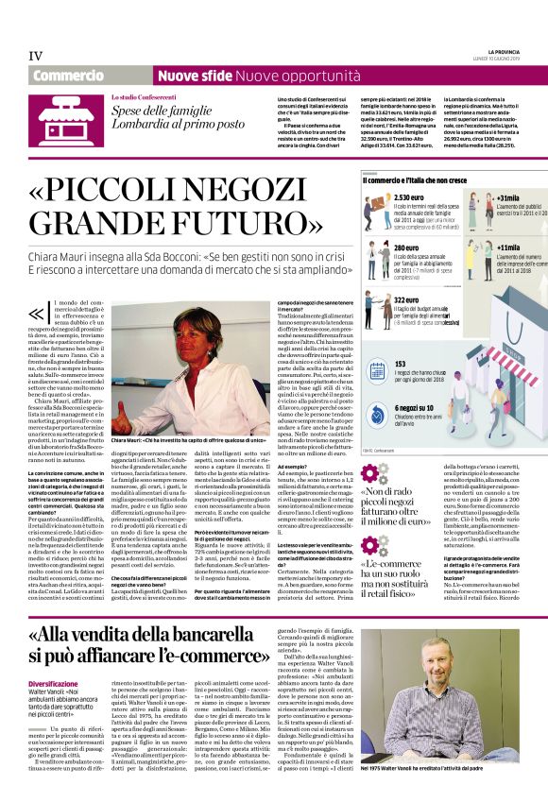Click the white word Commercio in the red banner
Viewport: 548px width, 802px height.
click(67, 75)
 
